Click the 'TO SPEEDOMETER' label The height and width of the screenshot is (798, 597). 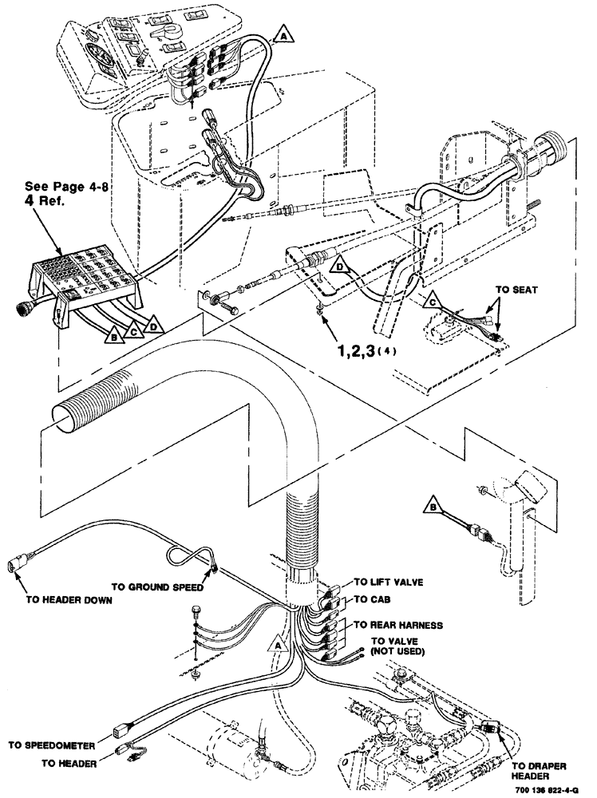coord(52,746)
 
